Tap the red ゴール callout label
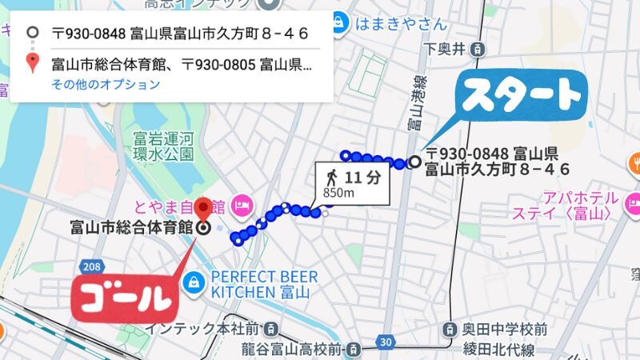tap(124, 297)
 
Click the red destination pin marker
tap(203, 209)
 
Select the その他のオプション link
tap(106, 84)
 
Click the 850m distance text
tap(339, 193)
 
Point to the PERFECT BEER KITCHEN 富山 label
tap(264, 285)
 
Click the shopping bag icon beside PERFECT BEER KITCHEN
tap(193, 282)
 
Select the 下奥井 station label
tap(445, 50)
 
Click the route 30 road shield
tap(387, 343)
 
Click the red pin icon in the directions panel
tap(32, 63)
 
